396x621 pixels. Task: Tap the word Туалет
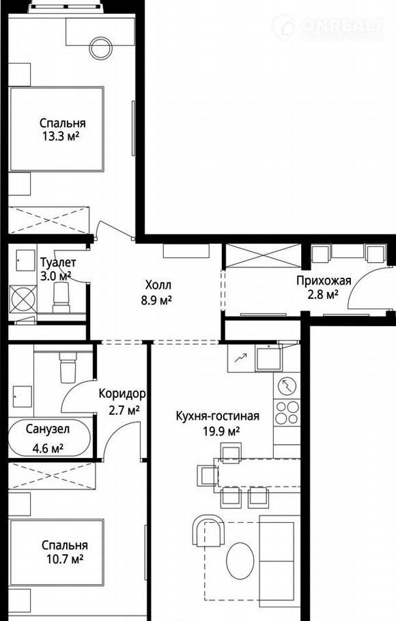pos(58,263)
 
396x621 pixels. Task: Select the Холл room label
pos(158,285)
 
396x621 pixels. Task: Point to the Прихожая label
pos(324,280)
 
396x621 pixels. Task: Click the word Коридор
pos(122,394)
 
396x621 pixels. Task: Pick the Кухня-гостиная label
pos(218,416)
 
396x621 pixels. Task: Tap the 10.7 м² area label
pos(65,560)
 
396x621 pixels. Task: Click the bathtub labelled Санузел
pos(49,438)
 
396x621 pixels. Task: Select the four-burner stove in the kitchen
pos(287,412)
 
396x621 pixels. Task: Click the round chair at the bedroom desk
pos(100,48)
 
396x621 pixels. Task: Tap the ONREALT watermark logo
pos(328,27)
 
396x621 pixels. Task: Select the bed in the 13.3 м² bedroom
pos(57,129)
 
